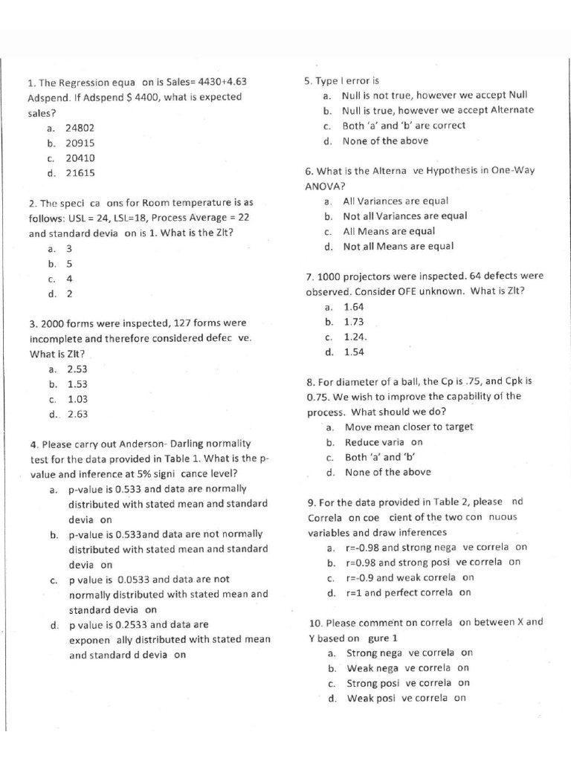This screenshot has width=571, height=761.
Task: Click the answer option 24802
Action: [80, 128]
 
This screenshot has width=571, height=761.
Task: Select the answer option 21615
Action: [80, 173]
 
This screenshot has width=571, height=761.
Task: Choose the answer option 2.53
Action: [77, 369]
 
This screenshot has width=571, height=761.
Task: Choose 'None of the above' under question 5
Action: [385, 140]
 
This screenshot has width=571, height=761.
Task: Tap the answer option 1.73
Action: [355, 322]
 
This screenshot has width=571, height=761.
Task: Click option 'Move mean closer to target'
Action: [408, 427]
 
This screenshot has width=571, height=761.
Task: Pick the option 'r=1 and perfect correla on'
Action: [409, 593]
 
